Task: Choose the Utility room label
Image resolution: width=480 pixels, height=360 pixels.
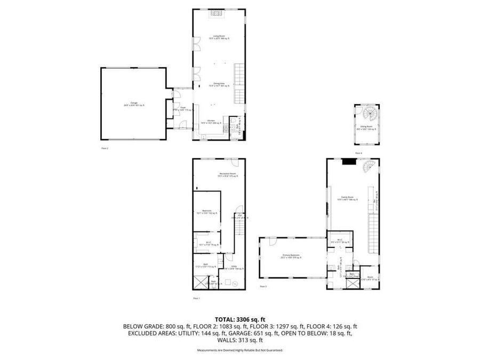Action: [234, 268]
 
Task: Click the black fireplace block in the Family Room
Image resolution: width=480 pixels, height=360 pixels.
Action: [349, 162]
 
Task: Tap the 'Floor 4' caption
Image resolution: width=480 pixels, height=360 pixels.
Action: [358, 153]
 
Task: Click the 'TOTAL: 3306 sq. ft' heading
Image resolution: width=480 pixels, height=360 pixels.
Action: [240, 318]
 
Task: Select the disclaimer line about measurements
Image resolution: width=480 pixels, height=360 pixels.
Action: [240, 350]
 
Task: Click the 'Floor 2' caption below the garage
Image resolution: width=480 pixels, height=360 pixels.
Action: [105, 148]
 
